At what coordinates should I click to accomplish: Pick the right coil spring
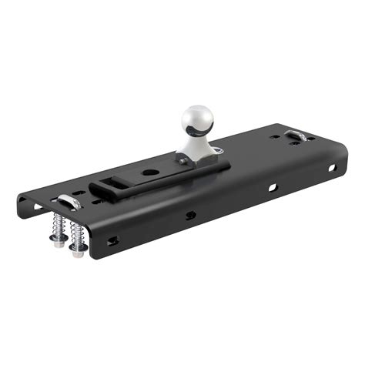click(x=75, y=231)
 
